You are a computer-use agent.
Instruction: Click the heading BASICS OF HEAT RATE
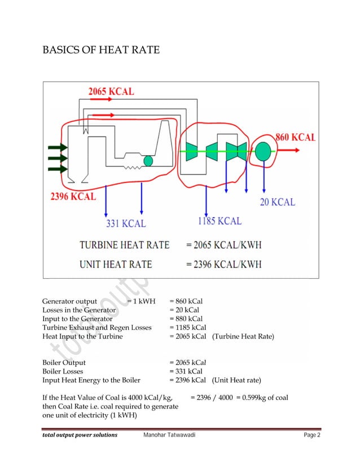pos(101,51)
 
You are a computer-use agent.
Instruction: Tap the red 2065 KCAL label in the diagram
pos(111,91)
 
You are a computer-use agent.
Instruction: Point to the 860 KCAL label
pos(295,137)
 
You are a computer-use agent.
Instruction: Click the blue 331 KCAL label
pos(126,223)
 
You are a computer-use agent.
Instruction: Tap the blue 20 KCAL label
pos(277,201)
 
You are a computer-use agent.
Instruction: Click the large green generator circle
pos(262,151)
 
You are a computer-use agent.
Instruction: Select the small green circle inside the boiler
pos(148,161)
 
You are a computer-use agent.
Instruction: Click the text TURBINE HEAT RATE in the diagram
pos(124,245)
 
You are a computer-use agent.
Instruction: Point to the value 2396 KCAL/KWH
pos(223,264)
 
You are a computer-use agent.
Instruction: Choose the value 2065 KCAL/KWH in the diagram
pos(223,245)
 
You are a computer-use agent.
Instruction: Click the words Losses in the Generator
pos(79,310)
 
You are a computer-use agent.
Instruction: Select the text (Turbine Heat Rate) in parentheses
pos(243,336)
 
